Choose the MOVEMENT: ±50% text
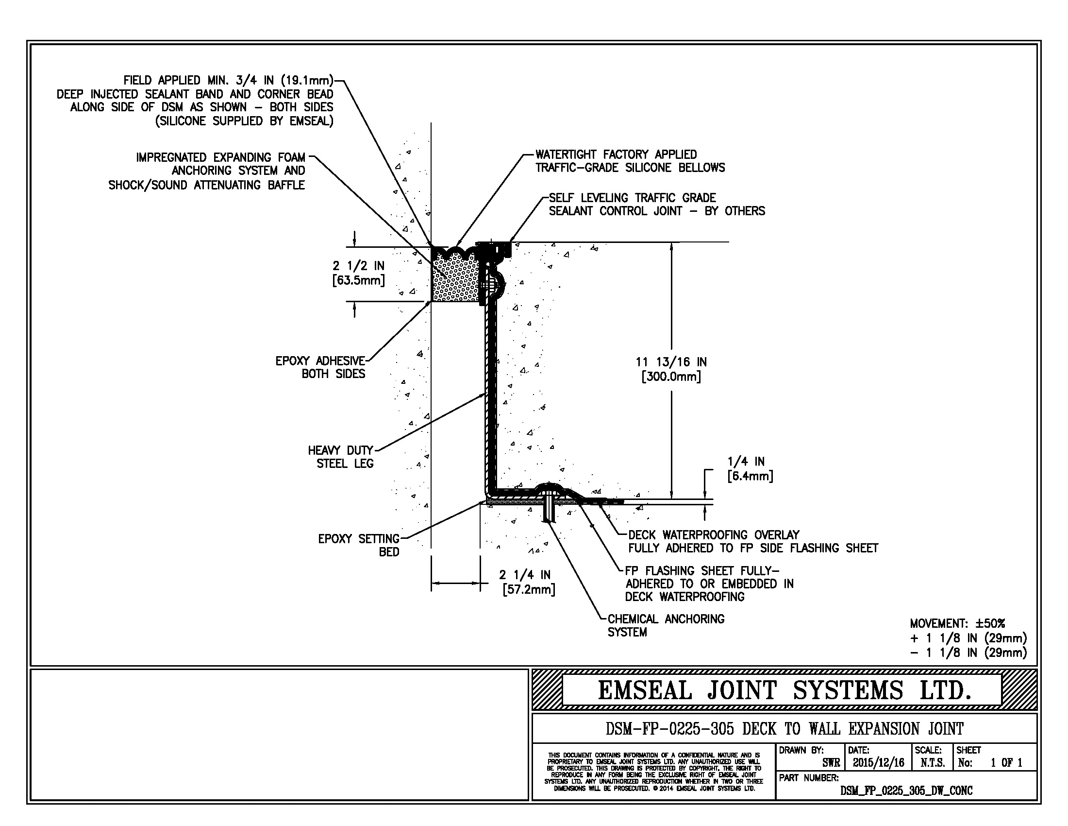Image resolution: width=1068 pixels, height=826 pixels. pos(957,623)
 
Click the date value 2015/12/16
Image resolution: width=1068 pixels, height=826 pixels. pos(878,762)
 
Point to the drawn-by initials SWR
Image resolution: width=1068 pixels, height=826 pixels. pos(831,762)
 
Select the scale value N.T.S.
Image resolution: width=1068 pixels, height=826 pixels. pos(932,762)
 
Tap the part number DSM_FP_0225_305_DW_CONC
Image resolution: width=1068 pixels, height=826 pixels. pos(906,790)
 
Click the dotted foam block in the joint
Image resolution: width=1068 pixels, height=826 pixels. pos(455,279)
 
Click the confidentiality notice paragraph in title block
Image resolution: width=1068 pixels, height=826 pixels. pos(653,772)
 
